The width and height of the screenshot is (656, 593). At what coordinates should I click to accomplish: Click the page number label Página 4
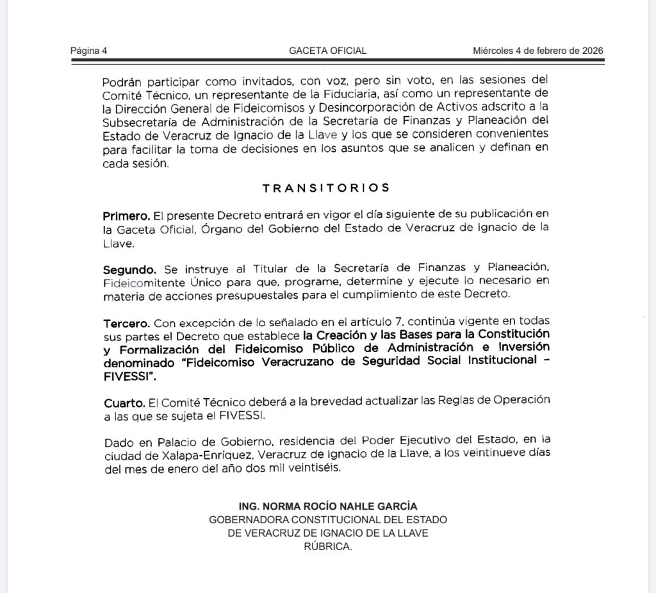tap(89, 51)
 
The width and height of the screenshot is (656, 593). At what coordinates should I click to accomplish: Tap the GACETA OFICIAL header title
tap(328, 51)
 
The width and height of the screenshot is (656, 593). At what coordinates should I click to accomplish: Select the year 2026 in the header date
tap(589, 51)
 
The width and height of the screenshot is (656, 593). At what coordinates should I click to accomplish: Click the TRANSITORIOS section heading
tap(326, 188)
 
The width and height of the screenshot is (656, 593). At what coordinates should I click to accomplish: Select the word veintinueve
tap(505, 455)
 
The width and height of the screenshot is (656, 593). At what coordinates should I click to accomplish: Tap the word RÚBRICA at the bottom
tap(328, 546)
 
